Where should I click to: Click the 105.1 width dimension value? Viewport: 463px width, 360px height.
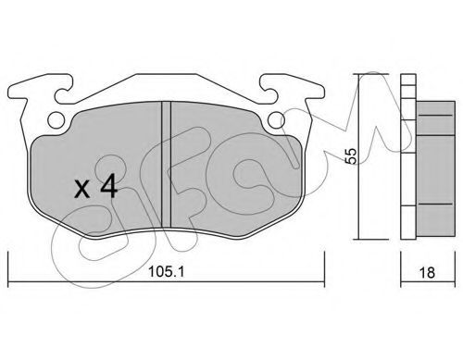coord(166,272)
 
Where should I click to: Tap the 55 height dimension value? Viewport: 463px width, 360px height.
coord(351,156)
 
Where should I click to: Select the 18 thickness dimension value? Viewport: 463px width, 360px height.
coord(427,273)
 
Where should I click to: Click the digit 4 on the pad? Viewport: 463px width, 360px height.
coord(107,186)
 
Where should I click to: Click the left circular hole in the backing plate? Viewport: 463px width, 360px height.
coord(56,119)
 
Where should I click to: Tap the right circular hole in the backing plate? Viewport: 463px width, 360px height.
coord(276,119)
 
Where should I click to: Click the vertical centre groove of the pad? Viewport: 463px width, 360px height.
coord(167,164)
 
